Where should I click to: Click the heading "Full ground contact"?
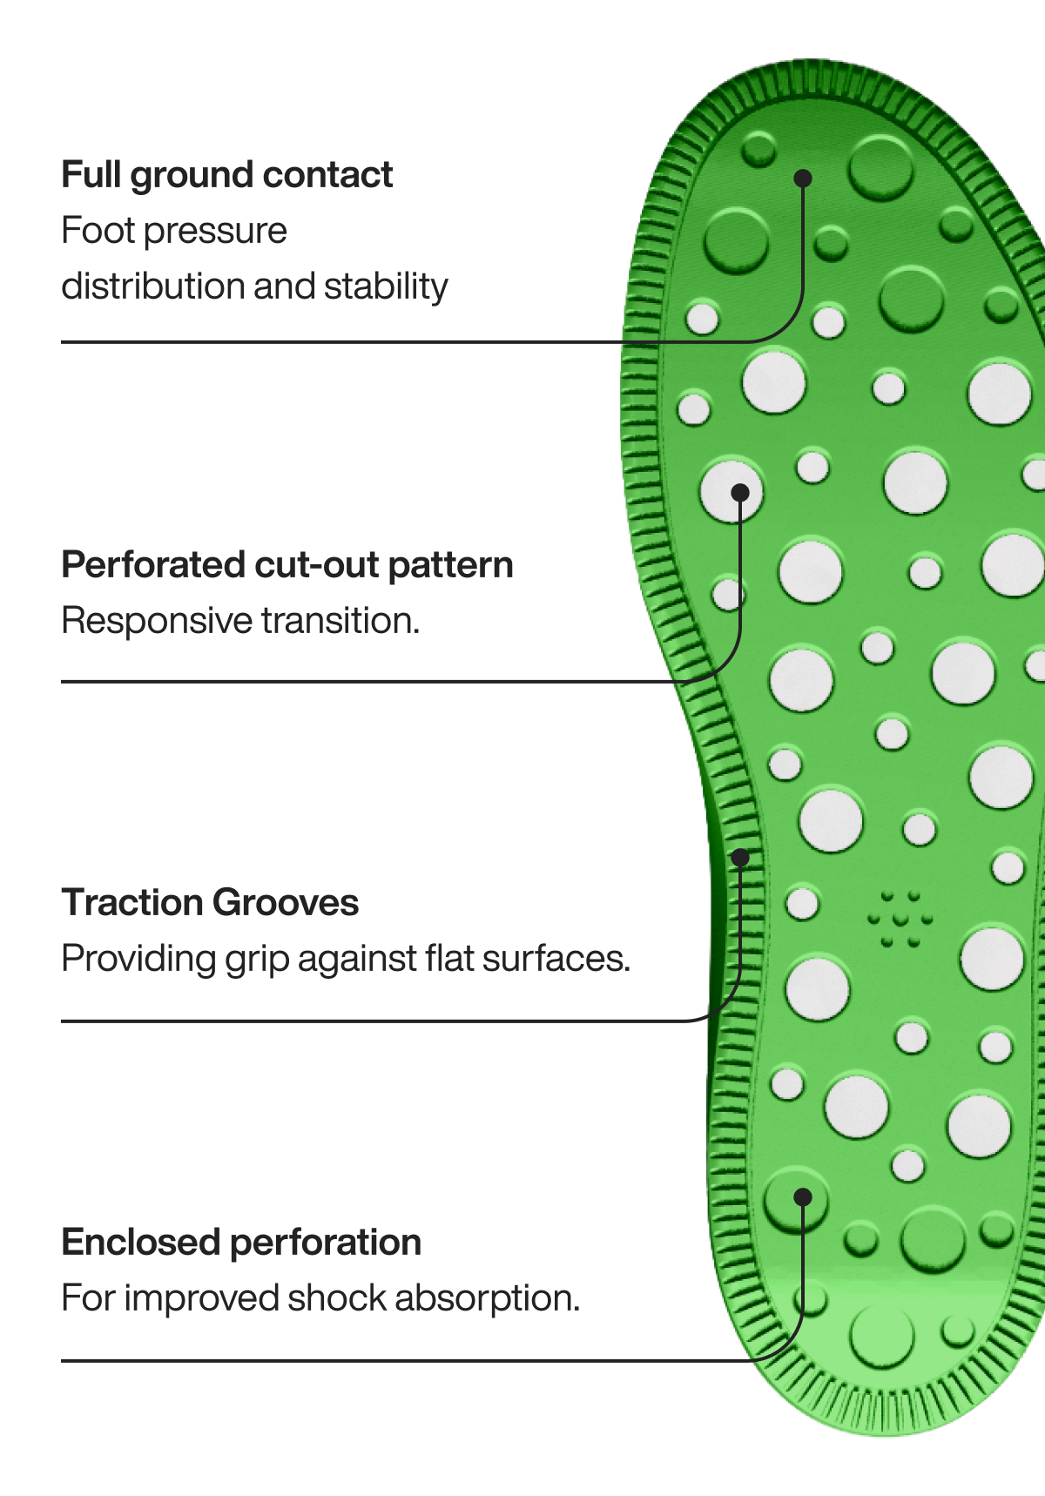point(226,175)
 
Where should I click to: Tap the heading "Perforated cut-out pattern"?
point(287,565)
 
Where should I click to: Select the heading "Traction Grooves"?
point(210,903)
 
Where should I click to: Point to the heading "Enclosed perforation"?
point(241,1243)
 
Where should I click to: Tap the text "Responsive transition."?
point(240,621)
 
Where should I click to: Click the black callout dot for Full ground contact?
point(803,179)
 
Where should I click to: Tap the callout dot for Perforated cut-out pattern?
point(740,493)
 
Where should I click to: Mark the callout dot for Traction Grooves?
point(740,858)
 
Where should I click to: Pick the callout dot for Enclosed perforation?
point(803,1197)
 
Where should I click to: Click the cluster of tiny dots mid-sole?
point(900,919)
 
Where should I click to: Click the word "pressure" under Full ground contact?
point(215,232)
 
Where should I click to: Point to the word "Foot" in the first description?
point(98,231)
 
